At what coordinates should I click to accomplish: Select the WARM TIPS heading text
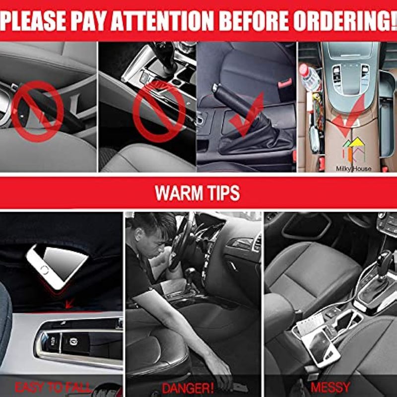197,193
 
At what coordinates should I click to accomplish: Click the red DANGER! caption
188,388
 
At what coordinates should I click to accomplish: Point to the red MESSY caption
331,388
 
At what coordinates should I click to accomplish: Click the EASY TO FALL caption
53,388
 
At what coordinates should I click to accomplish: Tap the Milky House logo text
353,169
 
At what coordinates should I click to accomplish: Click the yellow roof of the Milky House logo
357,142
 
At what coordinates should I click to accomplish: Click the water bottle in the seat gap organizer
308,76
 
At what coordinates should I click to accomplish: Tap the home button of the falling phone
45,270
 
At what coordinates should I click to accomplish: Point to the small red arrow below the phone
69,303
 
